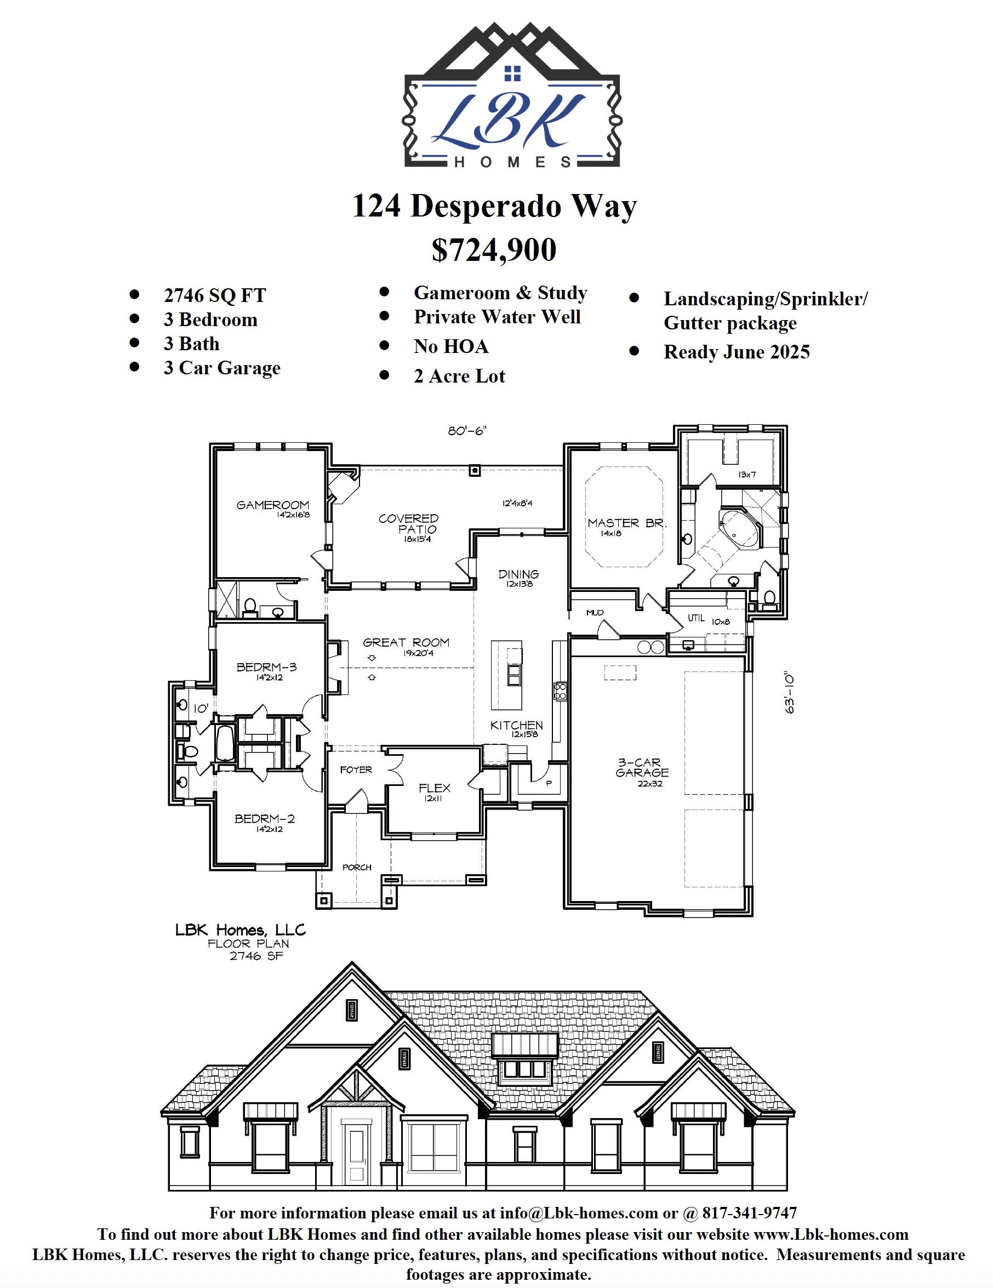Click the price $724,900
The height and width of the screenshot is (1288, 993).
[x=494, y=250]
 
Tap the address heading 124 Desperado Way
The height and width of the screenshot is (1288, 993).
[x=494, y=207]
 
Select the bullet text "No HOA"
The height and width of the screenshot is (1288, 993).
[x=451, y=346]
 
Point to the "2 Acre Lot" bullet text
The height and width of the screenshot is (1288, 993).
[x=459, y=375]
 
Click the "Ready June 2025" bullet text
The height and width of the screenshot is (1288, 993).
[x=737, y=352]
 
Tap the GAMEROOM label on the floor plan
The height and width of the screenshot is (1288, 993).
[x=272, y=505]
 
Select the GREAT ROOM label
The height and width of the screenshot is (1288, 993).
[x=406, y=642]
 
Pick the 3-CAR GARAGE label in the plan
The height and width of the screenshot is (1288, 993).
[x=642, y=767]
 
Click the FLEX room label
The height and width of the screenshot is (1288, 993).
[x=435, y=788]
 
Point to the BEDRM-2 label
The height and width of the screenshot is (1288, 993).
[x=265, y=818]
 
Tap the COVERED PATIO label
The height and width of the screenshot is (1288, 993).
[x=408, y=523]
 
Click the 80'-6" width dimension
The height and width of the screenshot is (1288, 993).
[x=467, y=431]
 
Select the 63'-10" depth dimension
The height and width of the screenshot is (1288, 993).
[x=790, y=692]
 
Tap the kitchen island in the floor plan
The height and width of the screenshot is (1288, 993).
[x=506, y=675]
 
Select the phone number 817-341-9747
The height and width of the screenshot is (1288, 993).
[x=750, y=1212]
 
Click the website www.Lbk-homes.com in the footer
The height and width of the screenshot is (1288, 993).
[x=831, y=1234]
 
